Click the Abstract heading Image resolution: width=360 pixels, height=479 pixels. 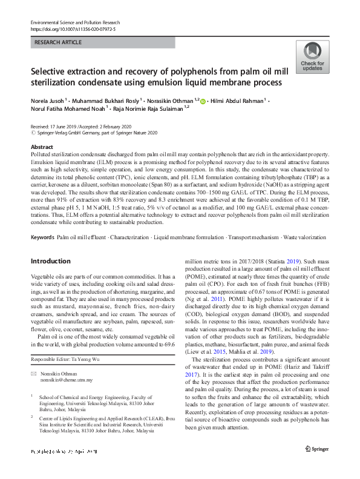(41, 147)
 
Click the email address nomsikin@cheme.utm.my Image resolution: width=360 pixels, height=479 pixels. (67, 380)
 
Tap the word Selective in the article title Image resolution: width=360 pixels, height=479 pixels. (51, 71)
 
